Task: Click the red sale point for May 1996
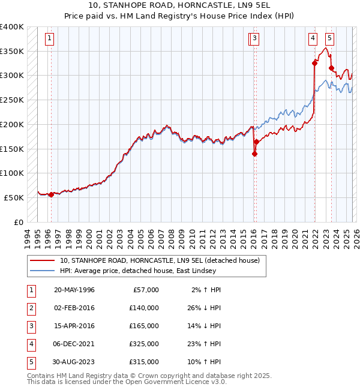pos(51,194)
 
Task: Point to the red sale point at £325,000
pos(314,63)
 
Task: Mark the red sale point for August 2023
pos(332,68)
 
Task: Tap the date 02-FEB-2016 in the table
pos(74,307)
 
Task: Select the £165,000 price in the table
pos(144,325)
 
